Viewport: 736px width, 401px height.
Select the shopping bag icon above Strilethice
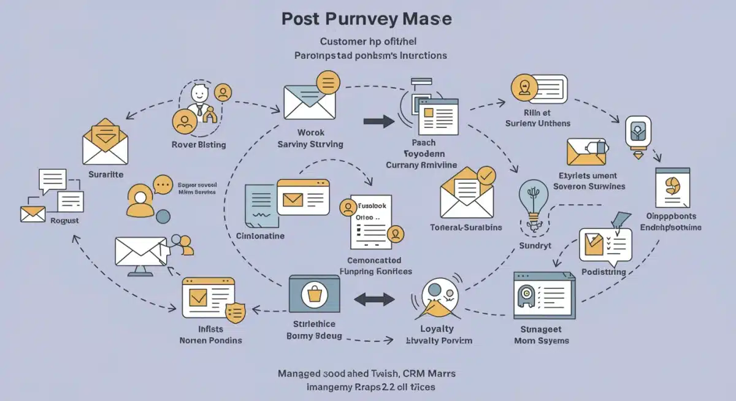tap(315, 296)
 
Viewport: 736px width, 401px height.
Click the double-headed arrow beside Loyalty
tap(375, 299)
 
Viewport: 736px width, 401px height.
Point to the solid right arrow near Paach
tap(378, 121)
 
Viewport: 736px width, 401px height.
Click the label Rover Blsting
tap(198, 145)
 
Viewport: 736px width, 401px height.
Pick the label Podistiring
tap(604, 272)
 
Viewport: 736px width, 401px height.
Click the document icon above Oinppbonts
tap(673, 188)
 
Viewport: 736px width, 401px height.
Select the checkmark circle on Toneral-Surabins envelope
tap(486, 176)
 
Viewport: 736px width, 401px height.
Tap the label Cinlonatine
tap(260, 236)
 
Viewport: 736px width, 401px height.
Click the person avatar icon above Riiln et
tap(523, 87)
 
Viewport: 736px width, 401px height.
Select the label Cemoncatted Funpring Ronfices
tap(375, 265)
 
